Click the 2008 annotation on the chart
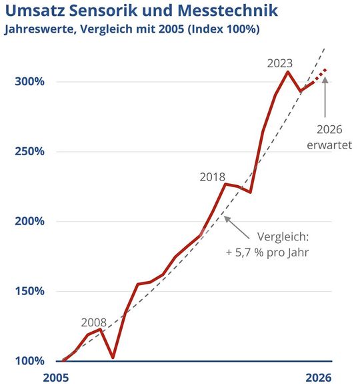click(95, 320)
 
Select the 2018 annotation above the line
click(213, 177)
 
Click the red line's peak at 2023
click(288, 71)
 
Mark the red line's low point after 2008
click(113, 358)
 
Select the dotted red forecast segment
click(320, 74)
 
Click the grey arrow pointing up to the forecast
click(325, 97)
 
